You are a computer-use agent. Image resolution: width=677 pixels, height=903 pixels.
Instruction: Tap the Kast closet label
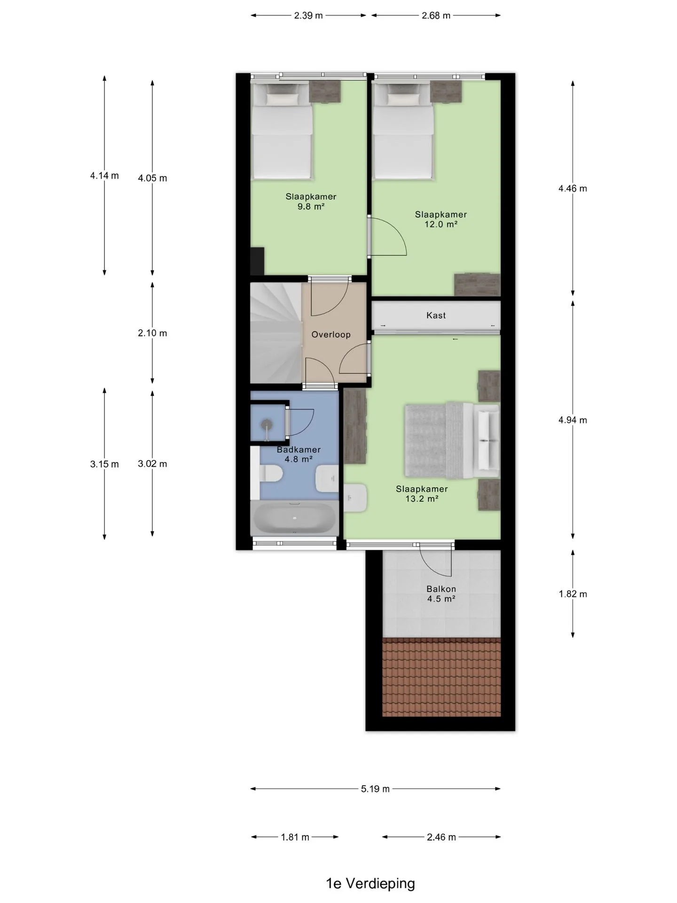[436, 316]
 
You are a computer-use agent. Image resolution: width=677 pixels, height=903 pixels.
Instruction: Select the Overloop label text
[331, 335]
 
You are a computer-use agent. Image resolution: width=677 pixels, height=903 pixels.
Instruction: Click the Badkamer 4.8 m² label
[299, 454]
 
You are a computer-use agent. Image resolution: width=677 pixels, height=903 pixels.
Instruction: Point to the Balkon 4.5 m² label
[441, 594]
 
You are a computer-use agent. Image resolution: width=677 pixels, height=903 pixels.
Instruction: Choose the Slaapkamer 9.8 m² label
[311, 201]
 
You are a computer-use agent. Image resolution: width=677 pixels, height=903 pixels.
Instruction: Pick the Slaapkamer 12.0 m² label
[441, 220]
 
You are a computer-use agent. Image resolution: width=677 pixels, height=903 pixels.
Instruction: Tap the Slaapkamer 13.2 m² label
[422, 494]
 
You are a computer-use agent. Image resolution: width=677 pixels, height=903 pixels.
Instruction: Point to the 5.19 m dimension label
[375, 789]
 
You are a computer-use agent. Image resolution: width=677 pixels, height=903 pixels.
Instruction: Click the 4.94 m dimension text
[573, 420]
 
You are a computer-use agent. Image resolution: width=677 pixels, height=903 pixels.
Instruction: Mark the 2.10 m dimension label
[152, 333]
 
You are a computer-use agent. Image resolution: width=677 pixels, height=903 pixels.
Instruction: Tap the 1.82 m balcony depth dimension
[573, 594]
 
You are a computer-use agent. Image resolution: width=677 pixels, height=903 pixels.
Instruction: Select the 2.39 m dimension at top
[308, 16]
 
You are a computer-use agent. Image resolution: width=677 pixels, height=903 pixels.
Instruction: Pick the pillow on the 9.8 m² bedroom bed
[283, 99]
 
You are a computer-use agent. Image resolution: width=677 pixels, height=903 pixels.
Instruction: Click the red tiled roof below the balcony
[441, 677]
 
